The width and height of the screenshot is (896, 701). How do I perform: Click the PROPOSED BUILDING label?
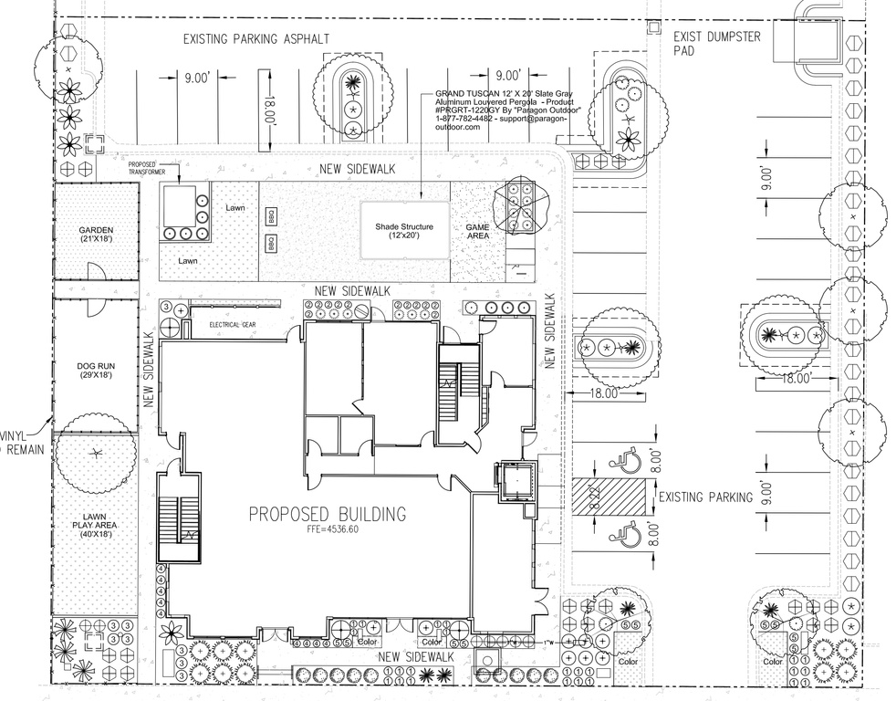point(328,515)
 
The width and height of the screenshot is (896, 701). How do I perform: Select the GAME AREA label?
point(477,231)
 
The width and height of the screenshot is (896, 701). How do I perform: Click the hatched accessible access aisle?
point(609,497)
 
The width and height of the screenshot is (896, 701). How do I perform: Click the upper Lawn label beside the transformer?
point(236,208)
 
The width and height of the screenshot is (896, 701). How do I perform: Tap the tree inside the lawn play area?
point(95,454)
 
